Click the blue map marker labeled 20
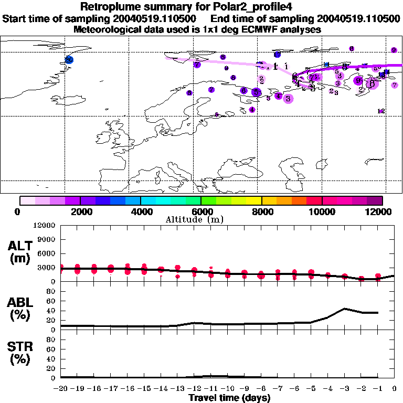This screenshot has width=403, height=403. pyautogui.click(x=69, y=60)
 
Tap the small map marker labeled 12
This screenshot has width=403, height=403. pyautogui.click(x=381, y=111)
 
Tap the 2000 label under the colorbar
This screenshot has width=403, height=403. pyautogui.click(x=80, y=211)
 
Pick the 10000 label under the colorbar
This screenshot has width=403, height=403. pyautogui.click(x=322, y=211)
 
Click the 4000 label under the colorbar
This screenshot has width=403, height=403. pyautogui.click(x=141, y=211)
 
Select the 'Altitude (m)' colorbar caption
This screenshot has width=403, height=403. pyautogui.click(x=202, y=219)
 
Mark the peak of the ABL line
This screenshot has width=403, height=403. pyautogui.click(x=344, y=309)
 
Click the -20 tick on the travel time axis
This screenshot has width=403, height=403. pyautogui.click(x=61, y=388)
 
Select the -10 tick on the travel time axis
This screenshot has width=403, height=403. pyautogui.click(x=228, y=388)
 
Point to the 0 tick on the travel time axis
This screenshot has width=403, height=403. pyautogui.click(x=395, y=388)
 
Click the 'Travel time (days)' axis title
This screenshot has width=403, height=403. pyautogui.click(x=229, y=398)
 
